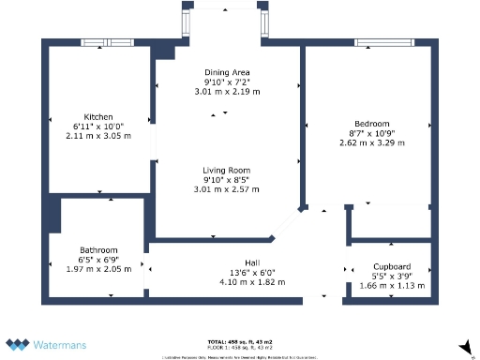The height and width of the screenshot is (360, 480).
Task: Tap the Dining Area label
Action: point(226,72)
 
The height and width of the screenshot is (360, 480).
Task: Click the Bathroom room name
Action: point(98,249)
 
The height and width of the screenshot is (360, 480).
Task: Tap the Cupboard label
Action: point(392,267)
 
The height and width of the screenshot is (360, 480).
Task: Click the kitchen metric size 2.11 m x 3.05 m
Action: point(98,135)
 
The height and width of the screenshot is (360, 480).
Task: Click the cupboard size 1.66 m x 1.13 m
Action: point(392,286)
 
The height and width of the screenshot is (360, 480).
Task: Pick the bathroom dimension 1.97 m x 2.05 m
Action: point(98,268)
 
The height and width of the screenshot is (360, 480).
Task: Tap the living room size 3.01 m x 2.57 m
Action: point(226,190)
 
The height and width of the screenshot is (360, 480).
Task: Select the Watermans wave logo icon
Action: point(18,344)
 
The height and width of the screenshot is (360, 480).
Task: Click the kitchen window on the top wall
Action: point(106,43)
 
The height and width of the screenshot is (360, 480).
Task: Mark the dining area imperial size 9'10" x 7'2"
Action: point(226,82)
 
